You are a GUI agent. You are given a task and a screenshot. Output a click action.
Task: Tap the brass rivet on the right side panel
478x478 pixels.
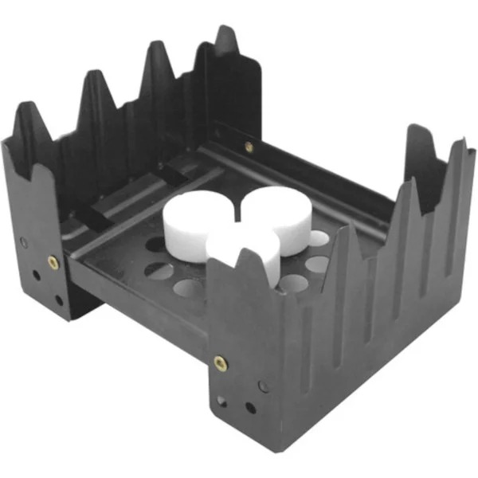point(221,363)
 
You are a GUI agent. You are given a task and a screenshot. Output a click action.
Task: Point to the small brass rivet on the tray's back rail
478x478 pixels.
point(249,147)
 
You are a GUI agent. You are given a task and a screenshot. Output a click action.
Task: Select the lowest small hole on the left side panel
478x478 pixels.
point(59,301)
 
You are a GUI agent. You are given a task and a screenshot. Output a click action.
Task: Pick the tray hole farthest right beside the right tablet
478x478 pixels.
point(318,237)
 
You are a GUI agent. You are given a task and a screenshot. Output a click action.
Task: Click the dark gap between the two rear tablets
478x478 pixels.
point(238,210)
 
